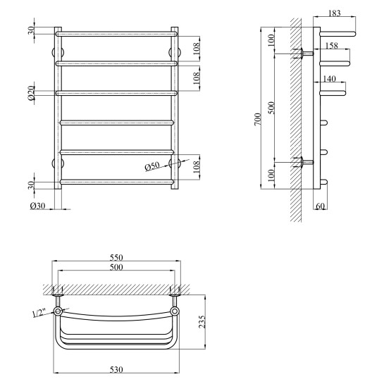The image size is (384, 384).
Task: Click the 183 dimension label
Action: coord(335,13)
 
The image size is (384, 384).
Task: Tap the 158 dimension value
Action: coord(332,45)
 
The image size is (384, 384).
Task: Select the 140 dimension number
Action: coord(329,79)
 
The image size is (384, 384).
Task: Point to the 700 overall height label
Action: coord(258,120)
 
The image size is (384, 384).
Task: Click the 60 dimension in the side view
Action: coord(320,206)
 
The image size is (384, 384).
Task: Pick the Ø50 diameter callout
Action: coord(152,166)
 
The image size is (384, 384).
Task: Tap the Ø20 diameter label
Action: coord(32,93)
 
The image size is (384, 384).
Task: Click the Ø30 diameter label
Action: coord(38,206)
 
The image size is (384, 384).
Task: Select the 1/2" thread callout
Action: coord(39,314)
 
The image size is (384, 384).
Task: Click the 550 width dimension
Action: coord(116,257)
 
